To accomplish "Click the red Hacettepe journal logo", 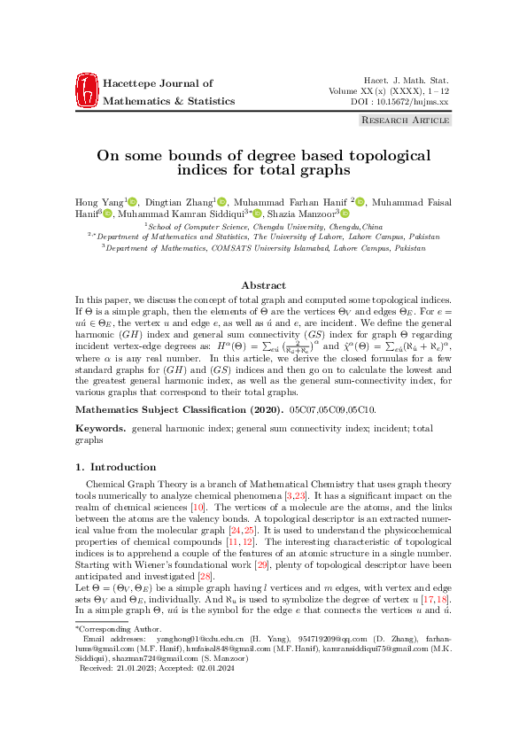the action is pos(87,92).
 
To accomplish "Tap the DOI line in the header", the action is pos(401,103).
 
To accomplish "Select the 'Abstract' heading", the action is pos(263,285).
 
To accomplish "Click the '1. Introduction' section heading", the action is pos(116,467).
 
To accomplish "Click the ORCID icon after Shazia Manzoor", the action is pos(345,214).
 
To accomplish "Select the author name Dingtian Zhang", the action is pos(176,201).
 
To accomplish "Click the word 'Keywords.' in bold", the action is pos(100,428).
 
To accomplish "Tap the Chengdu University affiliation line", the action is pos(263,227).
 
